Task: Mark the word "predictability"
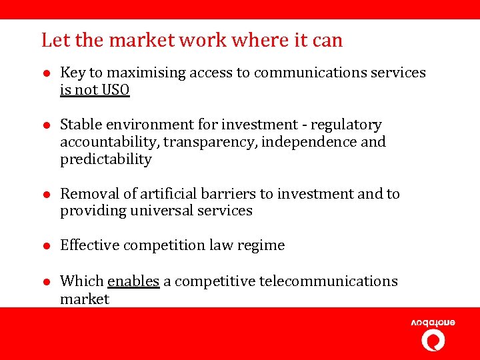(x=106, y=159)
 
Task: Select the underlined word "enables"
(x=133, y=281)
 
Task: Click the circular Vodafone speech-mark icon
(x=433, y=340)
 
